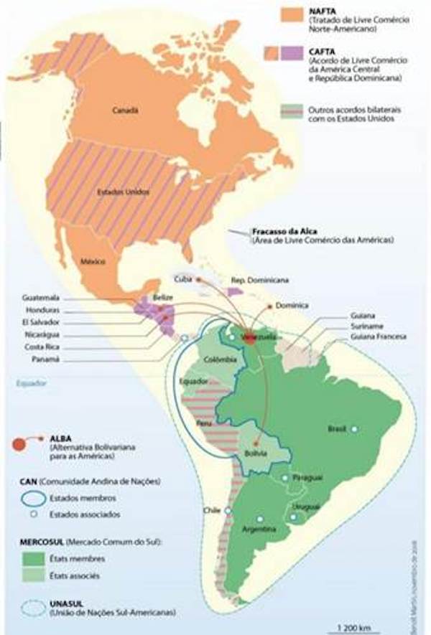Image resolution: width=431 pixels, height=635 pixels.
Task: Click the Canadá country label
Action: [x=125, y=110]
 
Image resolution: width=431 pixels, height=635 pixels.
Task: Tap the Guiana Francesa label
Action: [x=379, y=337]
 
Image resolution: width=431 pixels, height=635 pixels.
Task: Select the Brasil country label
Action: [x=336, y=428]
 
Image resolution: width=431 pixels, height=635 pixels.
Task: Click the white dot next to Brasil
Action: [x=354, y=428]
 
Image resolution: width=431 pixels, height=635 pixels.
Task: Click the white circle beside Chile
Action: [x=227, y=511]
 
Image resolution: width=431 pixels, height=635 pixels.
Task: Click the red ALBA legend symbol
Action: [x=21, y=443]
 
